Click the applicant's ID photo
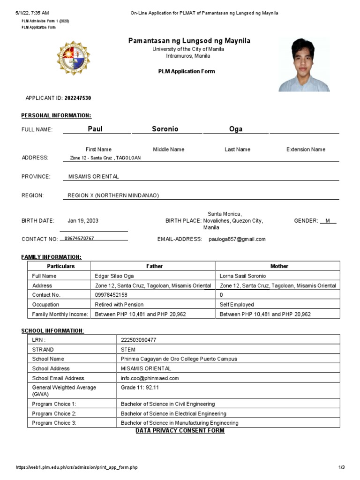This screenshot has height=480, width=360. (x=304, y=65)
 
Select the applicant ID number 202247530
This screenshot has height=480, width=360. (x=74, y=98)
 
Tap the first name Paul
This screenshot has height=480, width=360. (x=95, y=129)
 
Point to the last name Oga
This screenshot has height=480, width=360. (x=235, y=129)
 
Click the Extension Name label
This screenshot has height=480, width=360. (x=305, y=150)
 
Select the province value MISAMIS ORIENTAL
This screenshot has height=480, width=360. (x=94, y=177)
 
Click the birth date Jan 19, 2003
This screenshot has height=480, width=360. (x=83, y=221)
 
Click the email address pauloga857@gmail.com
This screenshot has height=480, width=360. (x=237, y=239)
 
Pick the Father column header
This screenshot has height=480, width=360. (x=154, y=266)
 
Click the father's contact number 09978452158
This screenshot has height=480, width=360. (x=111, y=295)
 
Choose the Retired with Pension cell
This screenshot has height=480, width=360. (x=119, y=304)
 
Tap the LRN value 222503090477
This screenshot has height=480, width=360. (x=139, y=340)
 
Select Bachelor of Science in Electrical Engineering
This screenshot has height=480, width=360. (x=173, y=413)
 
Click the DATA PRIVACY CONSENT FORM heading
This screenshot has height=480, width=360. (x=180, y=430)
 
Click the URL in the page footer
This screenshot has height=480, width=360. (x=77, y=467)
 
